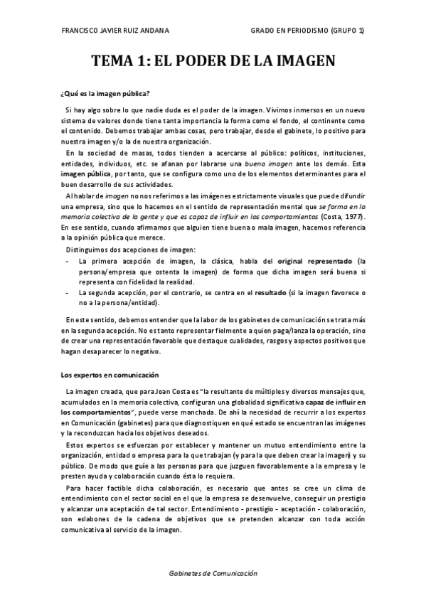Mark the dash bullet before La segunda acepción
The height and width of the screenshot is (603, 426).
66,292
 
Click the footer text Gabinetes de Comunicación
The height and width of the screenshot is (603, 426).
213,573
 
